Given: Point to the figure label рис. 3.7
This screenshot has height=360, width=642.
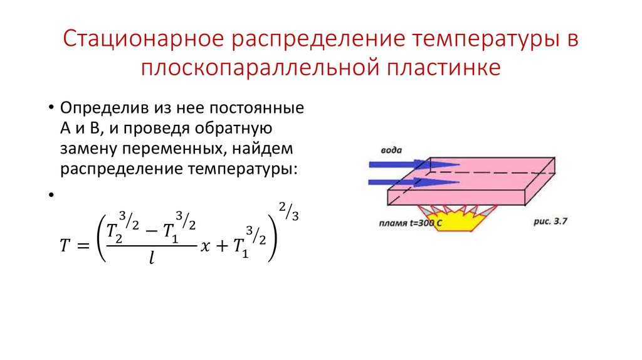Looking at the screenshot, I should pos(534,221).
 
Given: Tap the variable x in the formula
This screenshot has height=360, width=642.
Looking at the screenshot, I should pos(204,247).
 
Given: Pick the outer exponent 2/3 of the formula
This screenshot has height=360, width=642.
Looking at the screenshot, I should pos(288,211).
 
